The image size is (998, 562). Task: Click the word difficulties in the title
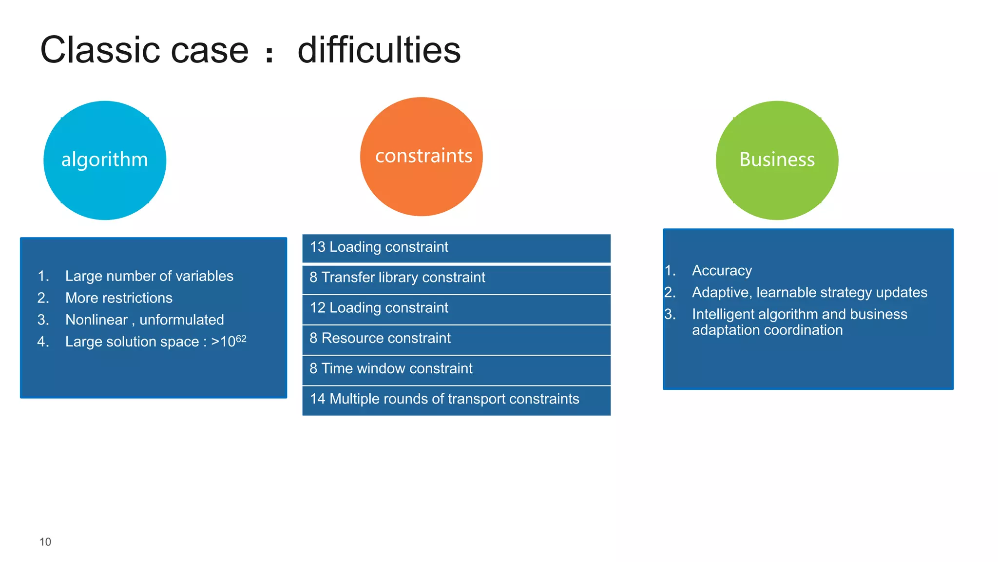379,51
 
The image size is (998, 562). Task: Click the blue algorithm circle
105,161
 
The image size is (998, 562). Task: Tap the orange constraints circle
422,157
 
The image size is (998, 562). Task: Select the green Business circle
777,161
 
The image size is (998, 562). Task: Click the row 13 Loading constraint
456,248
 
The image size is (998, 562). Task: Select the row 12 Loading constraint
456,309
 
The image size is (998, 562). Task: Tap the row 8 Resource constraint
456,339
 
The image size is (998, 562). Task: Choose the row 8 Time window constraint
456,369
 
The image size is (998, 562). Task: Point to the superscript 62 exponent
241,338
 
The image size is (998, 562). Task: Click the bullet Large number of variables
149,276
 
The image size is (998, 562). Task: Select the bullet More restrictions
119,298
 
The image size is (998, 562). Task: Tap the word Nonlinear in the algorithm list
96,320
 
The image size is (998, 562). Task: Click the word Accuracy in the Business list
722,271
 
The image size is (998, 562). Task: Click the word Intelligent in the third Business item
723,315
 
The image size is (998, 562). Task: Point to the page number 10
45,542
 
